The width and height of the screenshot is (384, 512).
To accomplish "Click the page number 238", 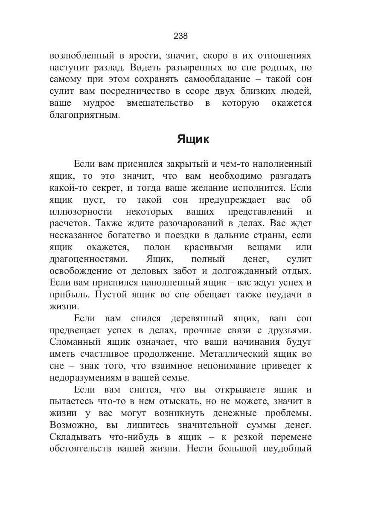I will click(181, 36).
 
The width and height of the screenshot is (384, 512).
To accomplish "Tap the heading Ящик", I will click(193, 139).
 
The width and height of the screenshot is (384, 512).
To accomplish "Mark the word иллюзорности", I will click(81, 212).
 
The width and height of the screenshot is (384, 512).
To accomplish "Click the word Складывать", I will click(76, 437).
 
